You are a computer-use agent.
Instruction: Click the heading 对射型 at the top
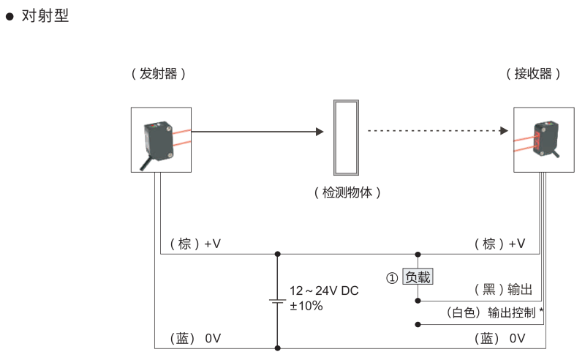[x=45, y=15]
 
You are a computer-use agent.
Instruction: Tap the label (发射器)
[x=158, y=74]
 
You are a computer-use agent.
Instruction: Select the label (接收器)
[x=534, y=74]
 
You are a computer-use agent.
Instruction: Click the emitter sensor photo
[x=161, y=140]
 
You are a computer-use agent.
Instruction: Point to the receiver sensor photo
[x=543, y=140]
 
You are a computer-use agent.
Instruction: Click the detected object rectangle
[x=345, y=138]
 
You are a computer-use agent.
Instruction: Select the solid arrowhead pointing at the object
[x=319, y=132]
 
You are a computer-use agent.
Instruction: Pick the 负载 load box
[x=418, y=277]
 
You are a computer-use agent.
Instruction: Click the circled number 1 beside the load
[x=393, y=278]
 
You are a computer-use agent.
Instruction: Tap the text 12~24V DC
[x=324, y=290]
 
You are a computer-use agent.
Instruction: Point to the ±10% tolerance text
[x=306, y=306]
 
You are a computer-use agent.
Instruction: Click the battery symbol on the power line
[x=277, y=301]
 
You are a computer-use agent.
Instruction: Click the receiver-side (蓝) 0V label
[x=499, y=338]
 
